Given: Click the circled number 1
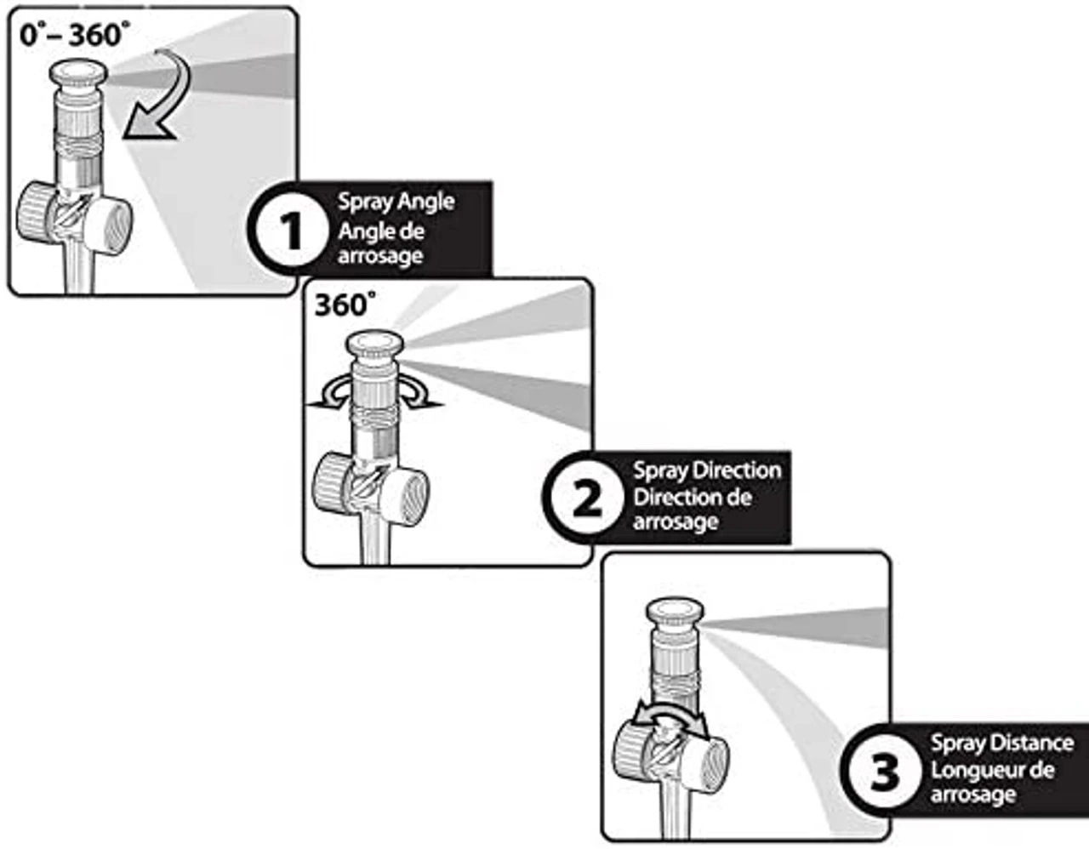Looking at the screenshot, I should (x=291, y=231).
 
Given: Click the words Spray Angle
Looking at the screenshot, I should (x=396, y=202).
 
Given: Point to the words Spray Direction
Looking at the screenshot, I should (x=706, y=470).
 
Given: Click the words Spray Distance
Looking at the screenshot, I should (x=1001, y=743).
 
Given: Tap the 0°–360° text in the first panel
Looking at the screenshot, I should (x=76, y=35).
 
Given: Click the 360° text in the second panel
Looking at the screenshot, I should (x=345, y=305).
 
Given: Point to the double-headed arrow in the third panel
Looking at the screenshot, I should (x=673, y=720).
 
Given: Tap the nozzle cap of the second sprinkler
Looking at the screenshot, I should (x=375, y=347).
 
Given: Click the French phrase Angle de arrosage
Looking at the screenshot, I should (x=380, y=243).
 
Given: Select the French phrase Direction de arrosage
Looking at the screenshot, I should (x=692, y=510).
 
